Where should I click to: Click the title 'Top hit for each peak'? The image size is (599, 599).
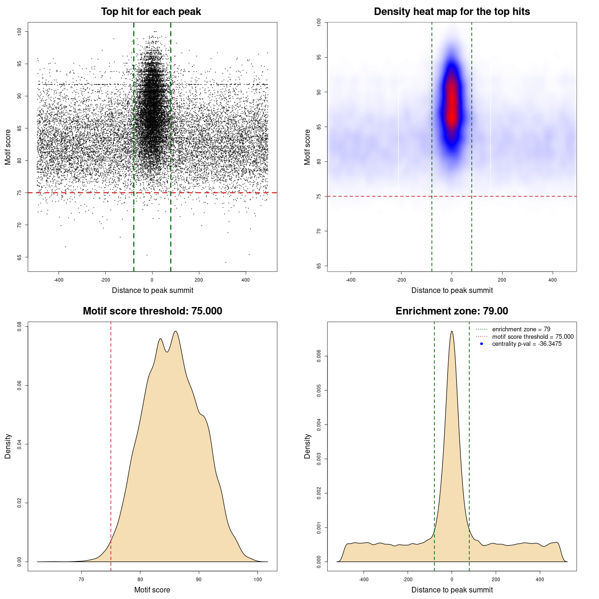pyautogui.click(x=151, y=12)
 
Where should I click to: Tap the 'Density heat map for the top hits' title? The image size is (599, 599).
pyautogui.click(x=452, y=12)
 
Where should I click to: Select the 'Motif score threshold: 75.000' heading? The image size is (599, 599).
pyautogui.click(x=152, y=311)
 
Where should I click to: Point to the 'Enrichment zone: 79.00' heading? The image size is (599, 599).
pyautogui.click(x=452, y=311)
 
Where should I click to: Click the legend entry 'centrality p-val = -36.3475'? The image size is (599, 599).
pyautogui.click(x=526, y=344)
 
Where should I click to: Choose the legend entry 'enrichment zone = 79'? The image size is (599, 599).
pyautogui.click(x=521, y=329)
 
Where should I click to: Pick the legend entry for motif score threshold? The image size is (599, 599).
pyautogui.click(x=533, y=337)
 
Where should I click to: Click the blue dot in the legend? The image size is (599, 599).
pyautogui.click(x=482, y=344)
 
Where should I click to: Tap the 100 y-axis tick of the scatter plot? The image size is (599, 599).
pyautogui.click(x=20, y=31)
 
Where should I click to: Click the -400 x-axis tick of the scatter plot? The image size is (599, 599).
pyautogui.click(x=58, y=280)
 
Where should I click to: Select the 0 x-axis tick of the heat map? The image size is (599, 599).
pyautogui.click(x=452, y=280)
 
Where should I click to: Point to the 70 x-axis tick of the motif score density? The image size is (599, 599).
pyautogui.click(x=81, y=579)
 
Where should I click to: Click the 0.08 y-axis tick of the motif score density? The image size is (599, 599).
pyautogui.click(x=20, y=326)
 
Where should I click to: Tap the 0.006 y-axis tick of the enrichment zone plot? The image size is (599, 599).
pyautogui.click(x=319, y=356)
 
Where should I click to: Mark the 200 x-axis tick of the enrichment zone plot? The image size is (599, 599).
pyautogui.click(x=496, y=579)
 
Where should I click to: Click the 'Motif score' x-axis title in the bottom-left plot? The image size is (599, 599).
pyautogui.click(x=152, y=590)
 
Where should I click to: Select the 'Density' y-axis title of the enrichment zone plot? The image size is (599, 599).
pyautogui.click(x=307, y=446)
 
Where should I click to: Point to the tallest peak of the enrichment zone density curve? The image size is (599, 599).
pyautogui.click(x=452, y=332)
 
